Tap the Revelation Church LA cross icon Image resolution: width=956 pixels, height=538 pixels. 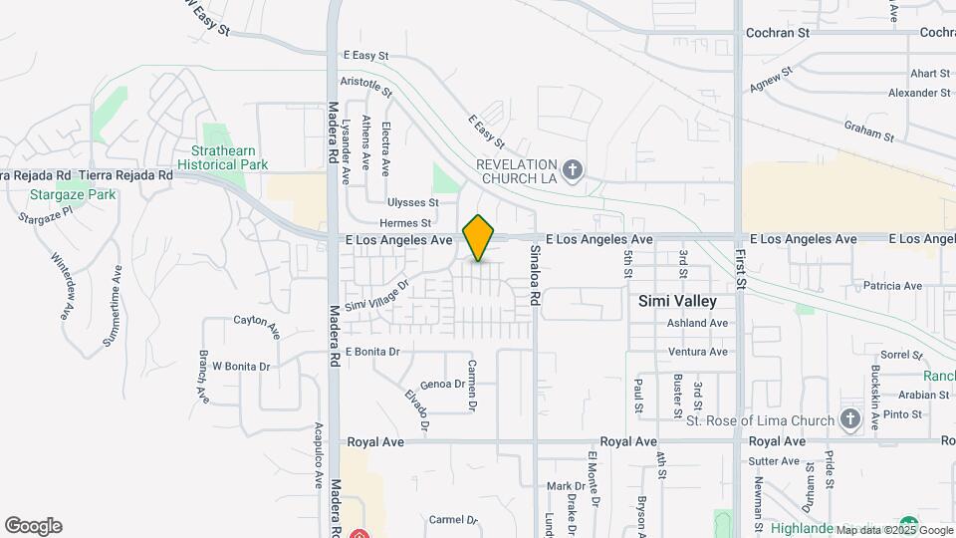coord(572,170)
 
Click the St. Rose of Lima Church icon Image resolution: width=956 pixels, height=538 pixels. coord(849,419)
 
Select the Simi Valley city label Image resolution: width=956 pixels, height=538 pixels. coord(678,301)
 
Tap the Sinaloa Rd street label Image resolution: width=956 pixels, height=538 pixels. coord(535,275)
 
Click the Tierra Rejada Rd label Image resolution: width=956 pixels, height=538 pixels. coord(125,175)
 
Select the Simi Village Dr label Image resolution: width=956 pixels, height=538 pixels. coord(377,294)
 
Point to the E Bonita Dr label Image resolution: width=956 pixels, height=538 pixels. coord(372,352)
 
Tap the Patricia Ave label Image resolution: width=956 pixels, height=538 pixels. coord(892,286)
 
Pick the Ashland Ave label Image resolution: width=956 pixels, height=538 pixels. coord(697,323)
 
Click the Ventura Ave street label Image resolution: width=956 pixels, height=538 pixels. coord(697,352)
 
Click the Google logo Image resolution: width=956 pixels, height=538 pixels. coord(33,526)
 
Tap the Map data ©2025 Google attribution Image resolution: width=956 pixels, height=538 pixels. coord(894,530)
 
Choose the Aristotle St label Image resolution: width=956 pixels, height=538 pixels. coord(366,86)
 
